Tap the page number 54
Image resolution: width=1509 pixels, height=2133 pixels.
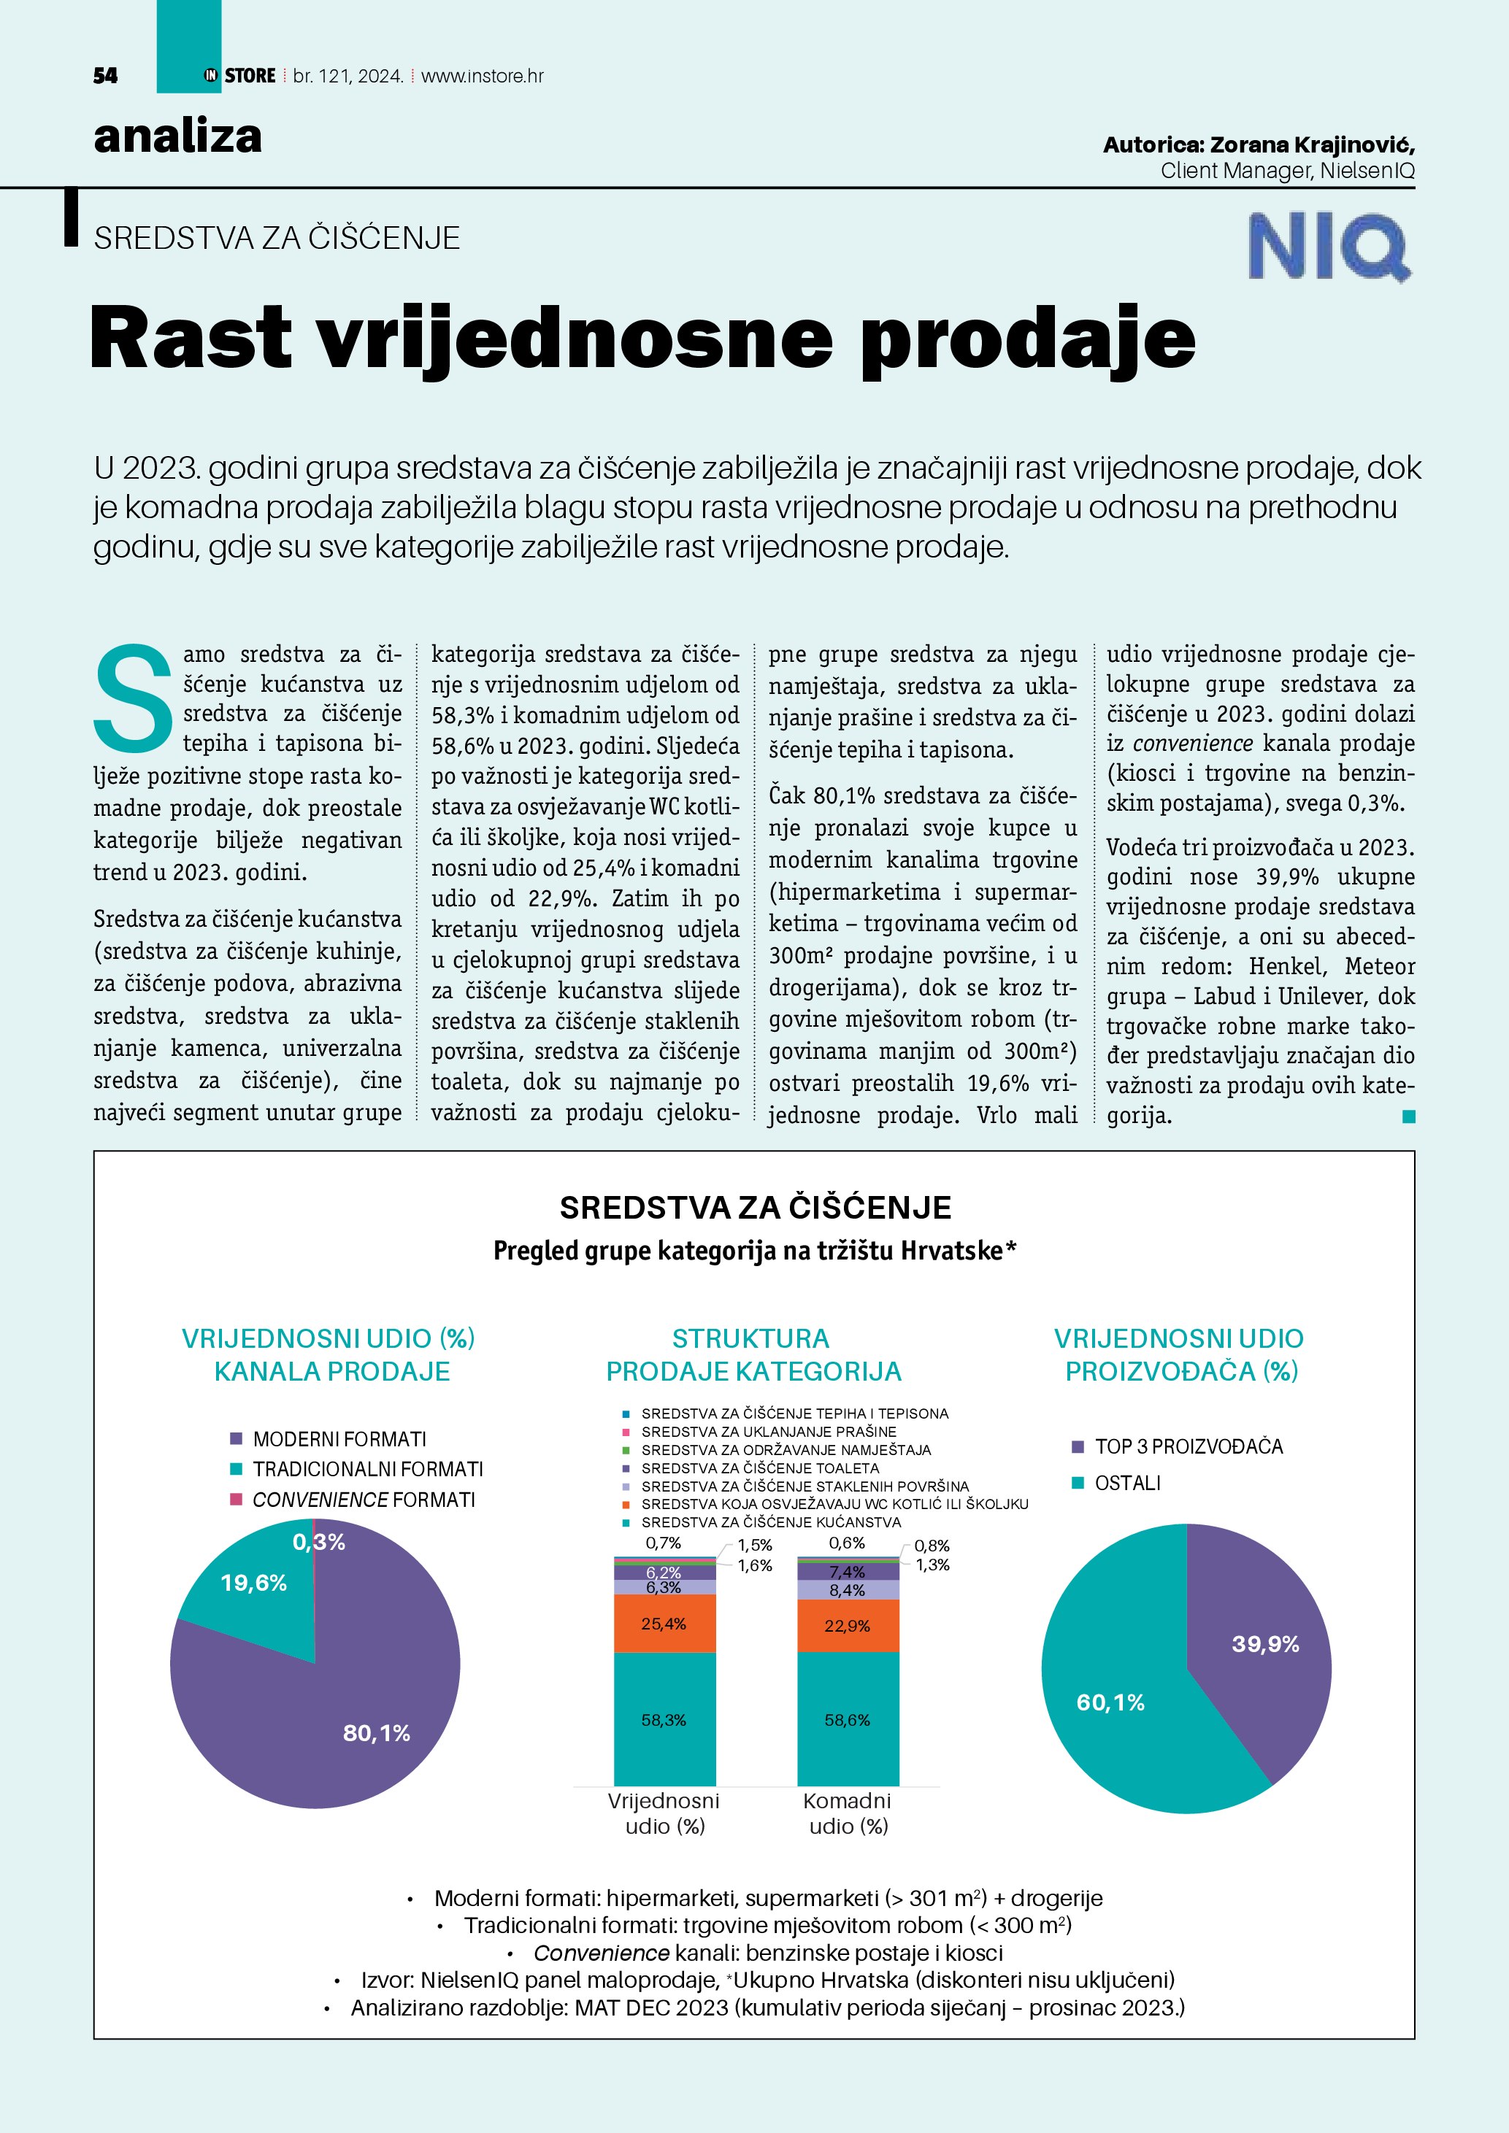point(106,76)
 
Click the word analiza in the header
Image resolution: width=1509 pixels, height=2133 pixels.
point(177,136)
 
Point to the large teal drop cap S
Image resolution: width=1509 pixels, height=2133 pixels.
point(134,698)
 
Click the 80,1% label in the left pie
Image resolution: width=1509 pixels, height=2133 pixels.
point(376,1732)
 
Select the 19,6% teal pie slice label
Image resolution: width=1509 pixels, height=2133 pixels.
point(253,1583)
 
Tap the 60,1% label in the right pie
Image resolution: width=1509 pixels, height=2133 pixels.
point(1110,1702)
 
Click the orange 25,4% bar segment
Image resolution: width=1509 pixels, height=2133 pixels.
point(664,1624)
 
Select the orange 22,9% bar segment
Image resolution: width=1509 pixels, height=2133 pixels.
point(848,1626)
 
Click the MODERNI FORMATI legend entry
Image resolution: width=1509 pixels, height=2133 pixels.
point(339,1439)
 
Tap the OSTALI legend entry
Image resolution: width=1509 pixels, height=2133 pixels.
point(1127,1484)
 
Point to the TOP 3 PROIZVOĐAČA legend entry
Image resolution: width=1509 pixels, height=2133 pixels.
point(1189,1446)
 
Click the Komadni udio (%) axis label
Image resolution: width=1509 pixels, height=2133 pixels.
point(848,1813)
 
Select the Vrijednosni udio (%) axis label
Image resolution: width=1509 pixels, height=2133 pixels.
point(664,1813)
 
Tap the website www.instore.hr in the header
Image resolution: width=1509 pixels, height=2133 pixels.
point(483,76)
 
